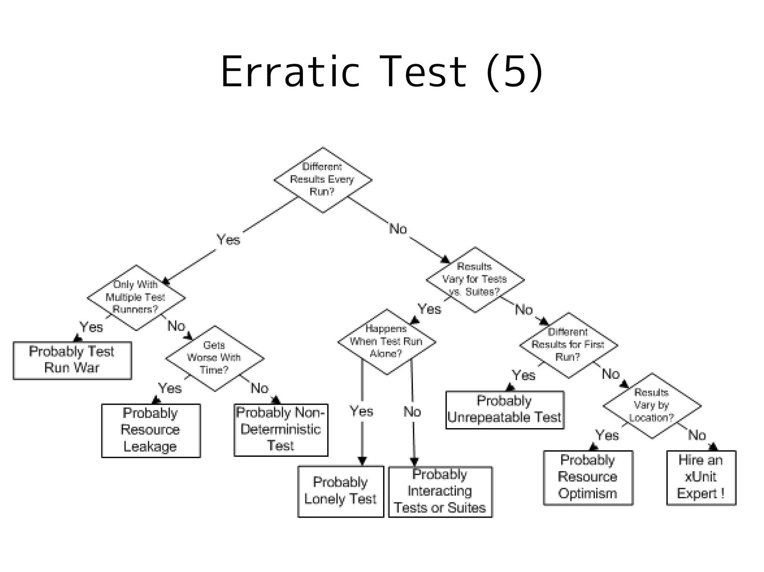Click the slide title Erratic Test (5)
381,72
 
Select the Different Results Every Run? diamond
323,180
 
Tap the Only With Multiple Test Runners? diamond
136,297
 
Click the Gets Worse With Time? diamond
215,358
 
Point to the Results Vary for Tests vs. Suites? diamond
475,279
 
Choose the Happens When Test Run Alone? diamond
386,341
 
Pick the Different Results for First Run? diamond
568,345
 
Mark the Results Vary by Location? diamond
652,405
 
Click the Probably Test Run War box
72,360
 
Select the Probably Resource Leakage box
151,430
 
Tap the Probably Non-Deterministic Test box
281,430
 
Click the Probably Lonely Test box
341,491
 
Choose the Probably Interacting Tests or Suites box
440,492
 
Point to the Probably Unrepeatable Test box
504,410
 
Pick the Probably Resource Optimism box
588,477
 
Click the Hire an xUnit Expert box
701,477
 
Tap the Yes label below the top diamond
228,240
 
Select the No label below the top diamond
398,229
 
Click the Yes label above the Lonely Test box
361,411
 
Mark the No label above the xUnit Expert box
697,435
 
